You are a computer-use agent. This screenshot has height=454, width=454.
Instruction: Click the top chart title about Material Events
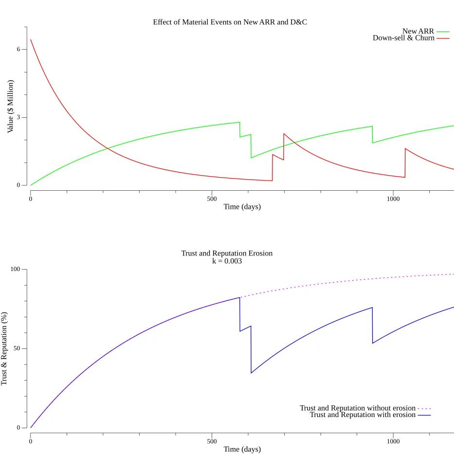pos(230,22)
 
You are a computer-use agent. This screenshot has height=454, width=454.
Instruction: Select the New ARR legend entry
pos(418,32)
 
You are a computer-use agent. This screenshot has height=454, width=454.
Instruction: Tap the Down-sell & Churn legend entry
pos(403,38)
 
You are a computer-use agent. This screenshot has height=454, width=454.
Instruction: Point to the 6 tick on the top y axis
pos(18,50)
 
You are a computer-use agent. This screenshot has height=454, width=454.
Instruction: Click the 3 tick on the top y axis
pos(18,117)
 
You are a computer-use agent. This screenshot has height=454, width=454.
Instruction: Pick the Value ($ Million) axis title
pos(10,107)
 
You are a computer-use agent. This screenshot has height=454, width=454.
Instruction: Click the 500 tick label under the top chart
pos(212,199)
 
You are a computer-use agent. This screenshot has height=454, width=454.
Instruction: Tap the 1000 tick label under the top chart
pos(393,199)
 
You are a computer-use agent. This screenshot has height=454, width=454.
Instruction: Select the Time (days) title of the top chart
pos(242,207)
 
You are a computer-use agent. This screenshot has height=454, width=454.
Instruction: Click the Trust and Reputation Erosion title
pos(227,254)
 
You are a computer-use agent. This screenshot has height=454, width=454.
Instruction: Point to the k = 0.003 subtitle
pos(227,261)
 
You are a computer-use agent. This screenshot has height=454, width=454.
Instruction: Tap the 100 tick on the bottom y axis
pos(15,270)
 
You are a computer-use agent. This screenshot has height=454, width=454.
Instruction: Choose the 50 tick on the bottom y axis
pos(17,349)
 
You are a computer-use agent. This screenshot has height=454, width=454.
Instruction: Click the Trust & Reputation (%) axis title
pos(4,349)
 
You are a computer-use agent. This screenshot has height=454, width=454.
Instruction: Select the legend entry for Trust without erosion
pos(358,408)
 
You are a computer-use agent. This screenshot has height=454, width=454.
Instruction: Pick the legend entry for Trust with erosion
pos(363,415)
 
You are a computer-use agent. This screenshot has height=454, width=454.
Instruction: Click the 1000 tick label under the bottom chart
pos(393,441)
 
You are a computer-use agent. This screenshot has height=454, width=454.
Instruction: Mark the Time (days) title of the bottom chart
pos(242,449)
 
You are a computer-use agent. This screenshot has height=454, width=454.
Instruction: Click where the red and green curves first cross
pos(108,147)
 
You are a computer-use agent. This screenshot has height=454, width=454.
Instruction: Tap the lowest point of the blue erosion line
pos(251,373)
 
